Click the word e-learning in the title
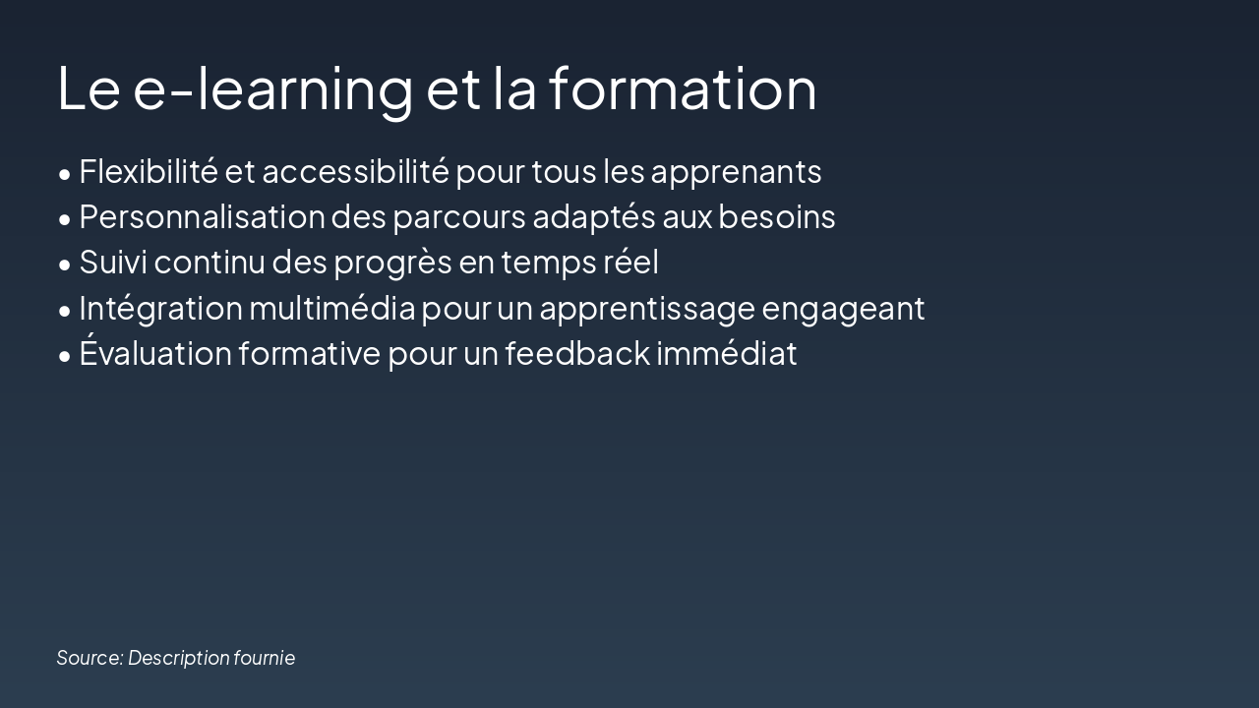(x=272, y=88)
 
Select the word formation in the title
(x=682, y=88)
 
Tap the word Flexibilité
(x=148, y=171)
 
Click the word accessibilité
(x=355, y=172)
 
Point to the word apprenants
(x=736, y=173)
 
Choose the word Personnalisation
(x=202, y=216)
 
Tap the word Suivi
(x=113, y=263)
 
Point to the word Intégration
(x=160, y=309)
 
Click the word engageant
(x=843, y=309)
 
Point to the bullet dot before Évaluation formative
(x=65, y=356)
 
